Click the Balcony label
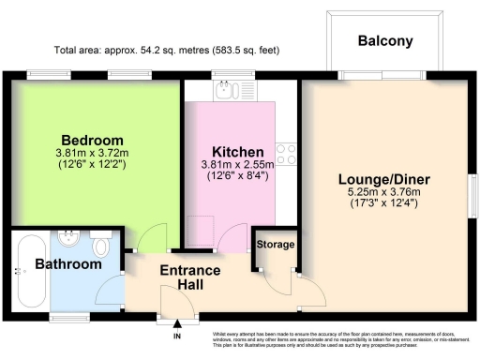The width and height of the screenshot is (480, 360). [384, 41]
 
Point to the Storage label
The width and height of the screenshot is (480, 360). [276, 245]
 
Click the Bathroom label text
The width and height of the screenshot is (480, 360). [68, 265]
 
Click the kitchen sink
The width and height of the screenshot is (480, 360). [225, 91]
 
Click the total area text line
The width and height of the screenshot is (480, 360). [167, 50]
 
